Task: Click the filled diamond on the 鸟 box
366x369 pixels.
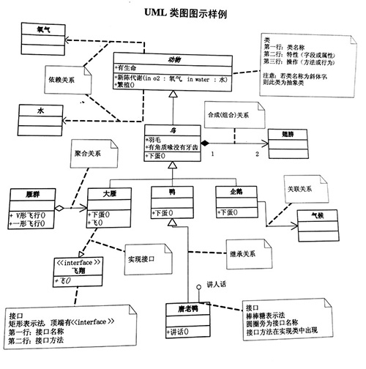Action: coord(206,141)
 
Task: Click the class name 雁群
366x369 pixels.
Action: coord(30,195)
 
